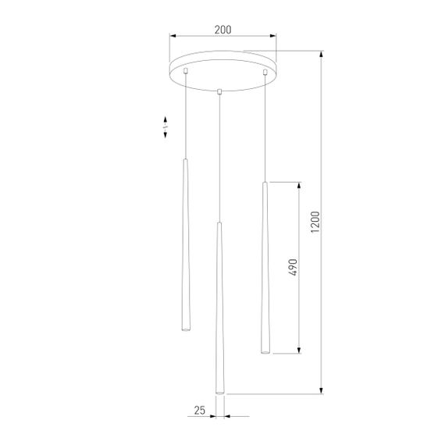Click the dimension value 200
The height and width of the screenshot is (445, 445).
click(222, 30)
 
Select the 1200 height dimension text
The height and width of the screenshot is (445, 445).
click(315, 223)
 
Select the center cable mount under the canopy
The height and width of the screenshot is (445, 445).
click(221, 91)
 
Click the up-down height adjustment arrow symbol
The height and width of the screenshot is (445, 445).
click(166, 128)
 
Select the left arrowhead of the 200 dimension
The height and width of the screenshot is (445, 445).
click(173, 36)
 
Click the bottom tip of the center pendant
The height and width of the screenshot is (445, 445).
click(220, 392)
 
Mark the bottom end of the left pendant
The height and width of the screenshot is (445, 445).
click(185, 329)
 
